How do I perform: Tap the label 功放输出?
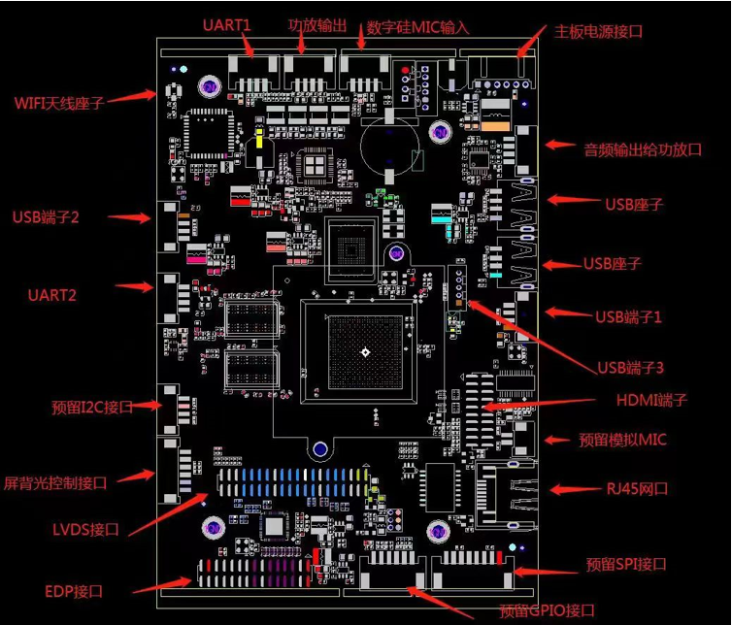[x=317, y=25]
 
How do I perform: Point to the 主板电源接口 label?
[x=598, y=31]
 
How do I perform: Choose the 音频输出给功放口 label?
[x=642, y=149]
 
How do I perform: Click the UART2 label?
[x=51, y=294]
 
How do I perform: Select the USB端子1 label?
[x=628, y=316]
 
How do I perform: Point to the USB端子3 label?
[x=630, y=368]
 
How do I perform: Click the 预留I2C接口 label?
[x=91, y=408]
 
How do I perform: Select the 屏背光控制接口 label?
[x=68, y=481]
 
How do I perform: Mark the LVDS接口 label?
[x=85, y=529]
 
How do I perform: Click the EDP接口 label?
[x=74, y=590]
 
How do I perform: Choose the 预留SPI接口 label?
[x=626, y=564]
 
